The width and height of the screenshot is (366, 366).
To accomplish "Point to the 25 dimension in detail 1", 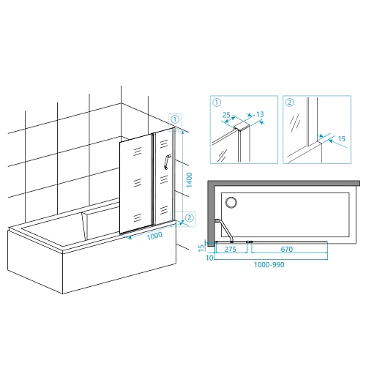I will tap(227, 116).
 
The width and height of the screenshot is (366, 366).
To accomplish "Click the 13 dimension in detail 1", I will tap(262, 114).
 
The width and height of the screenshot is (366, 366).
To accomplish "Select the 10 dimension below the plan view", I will tap(209, 258).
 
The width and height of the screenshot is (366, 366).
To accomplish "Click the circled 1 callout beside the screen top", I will tap(176, 118).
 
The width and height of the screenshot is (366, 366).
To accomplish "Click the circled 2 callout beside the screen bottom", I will tap(189, 217).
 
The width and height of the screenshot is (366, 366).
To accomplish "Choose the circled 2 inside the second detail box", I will tap(290, 102).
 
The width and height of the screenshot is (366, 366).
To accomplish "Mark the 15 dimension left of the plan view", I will tap(202, 247).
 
